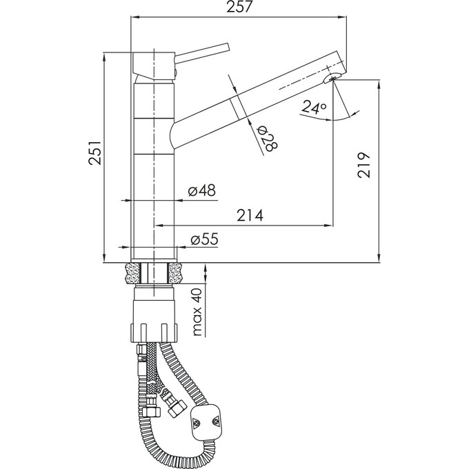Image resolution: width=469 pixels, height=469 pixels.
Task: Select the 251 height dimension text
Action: [97, 152]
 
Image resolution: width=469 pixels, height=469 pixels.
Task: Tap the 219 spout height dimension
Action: [363, 166]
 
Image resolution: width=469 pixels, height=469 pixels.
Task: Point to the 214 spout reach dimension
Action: [250, 215]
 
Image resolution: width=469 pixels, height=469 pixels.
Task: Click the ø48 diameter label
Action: [202, 190]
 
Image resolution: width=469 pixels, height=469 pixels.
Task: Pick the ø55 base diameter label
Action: [205, 239]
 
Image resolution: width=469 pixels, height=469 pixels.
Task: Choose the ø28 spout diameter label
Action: [268, 139]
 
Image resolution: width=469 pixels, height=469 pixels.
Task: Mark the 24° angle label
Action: [314, 108]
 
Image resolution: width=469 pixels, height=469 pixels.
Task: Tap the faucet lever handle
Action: [202, 52]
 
